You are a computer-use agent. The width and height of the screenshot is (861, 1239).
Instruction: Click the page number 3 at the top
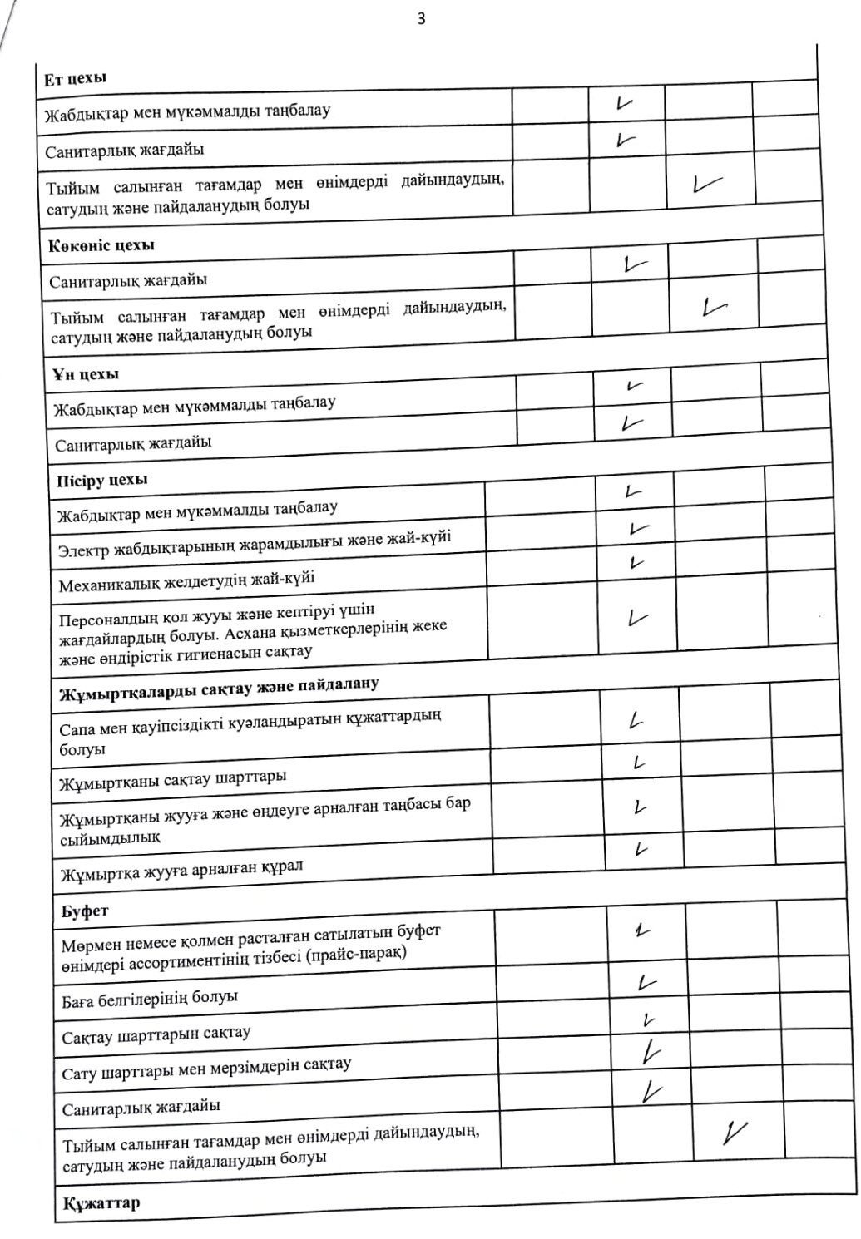pyautogui.click(x=421, y=18)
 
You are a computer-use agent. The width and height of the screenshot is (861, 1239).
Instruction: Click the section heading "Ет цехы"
pyautogui.click(x=76, y=79)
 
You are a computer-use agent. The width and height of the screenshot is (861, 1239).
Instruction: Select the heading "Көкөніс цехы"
pyautogui.click(x=101, y=246)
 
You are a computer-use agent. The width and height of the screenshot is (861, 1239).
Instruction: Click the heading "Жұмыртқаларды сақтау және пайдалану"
pyautogui.click(x=219, y=689)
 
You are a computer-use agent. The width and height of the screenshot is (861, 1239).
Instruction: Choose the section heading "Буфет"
pyautogui.click(x=85, y=911)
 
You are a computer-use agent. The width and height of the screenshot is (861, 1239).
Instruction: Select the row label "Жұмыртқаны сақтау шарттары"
pyautogui.click(x=173, y=780)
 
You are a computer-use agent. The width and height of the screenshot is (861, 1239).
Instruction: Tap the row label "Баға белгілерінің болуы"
pyautogui.click(x=150, y=997)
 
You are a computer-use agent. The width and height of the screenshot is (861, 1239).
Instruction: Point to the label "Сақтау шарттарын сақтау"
pyautogui.click(x=156, y=1035)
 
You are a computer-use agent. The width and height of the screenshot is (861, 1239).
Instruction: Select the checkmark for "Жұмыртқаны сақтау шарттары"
pyautogui.click(x=639, y=763)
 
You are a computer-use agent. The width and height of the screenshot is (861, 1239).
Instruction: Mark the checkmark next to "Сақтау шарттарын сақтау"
pyautogui.click(x=649, y=1020)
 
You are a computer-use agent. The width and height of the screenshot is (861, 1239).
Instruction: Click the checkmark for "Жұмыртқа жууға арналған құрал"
pyautogui.click(x=640, y=850)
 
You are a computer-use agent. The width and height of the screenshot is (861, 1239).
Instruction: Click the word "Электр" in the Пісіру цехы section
pyautogui.click(x=84, y=550)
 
